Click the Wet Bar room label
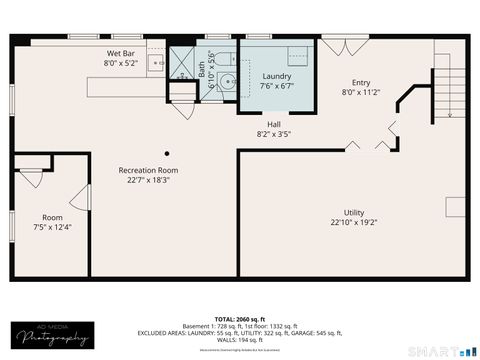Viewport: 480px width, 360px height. click(121, 53)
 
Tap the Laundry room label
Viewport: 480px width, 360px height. click(277, 76)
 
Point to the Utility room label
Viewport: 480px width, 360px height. click(354, 212)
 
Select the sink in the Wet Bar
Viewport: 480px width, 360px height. click(156, 63)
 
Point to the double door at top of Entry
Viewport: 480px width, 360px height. click(336, 45)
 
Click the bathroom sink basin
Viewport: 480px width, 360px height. click(228, 84)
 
